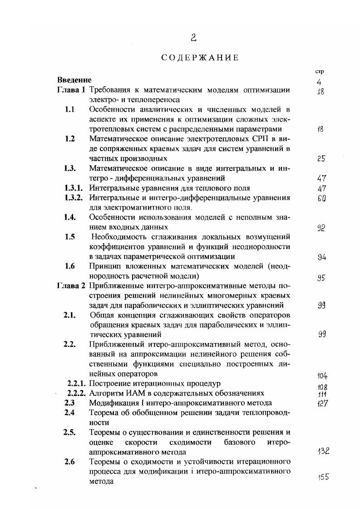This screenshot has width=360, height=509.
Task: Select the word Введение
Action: click(x=74, y=80)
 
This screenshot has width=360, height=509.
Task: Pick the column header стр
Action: click(x=319, y=72)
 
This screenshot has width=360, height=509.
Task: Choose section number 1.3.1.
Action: click(x=75, y=188)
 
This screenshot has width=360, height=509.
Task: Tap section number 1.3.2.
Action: click(x=75, y=197)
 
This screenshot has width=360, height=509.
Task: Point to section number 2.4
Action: click(x=70, y=413)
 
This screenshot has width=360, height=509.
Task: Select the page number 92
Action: click(x=321, y=228)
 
